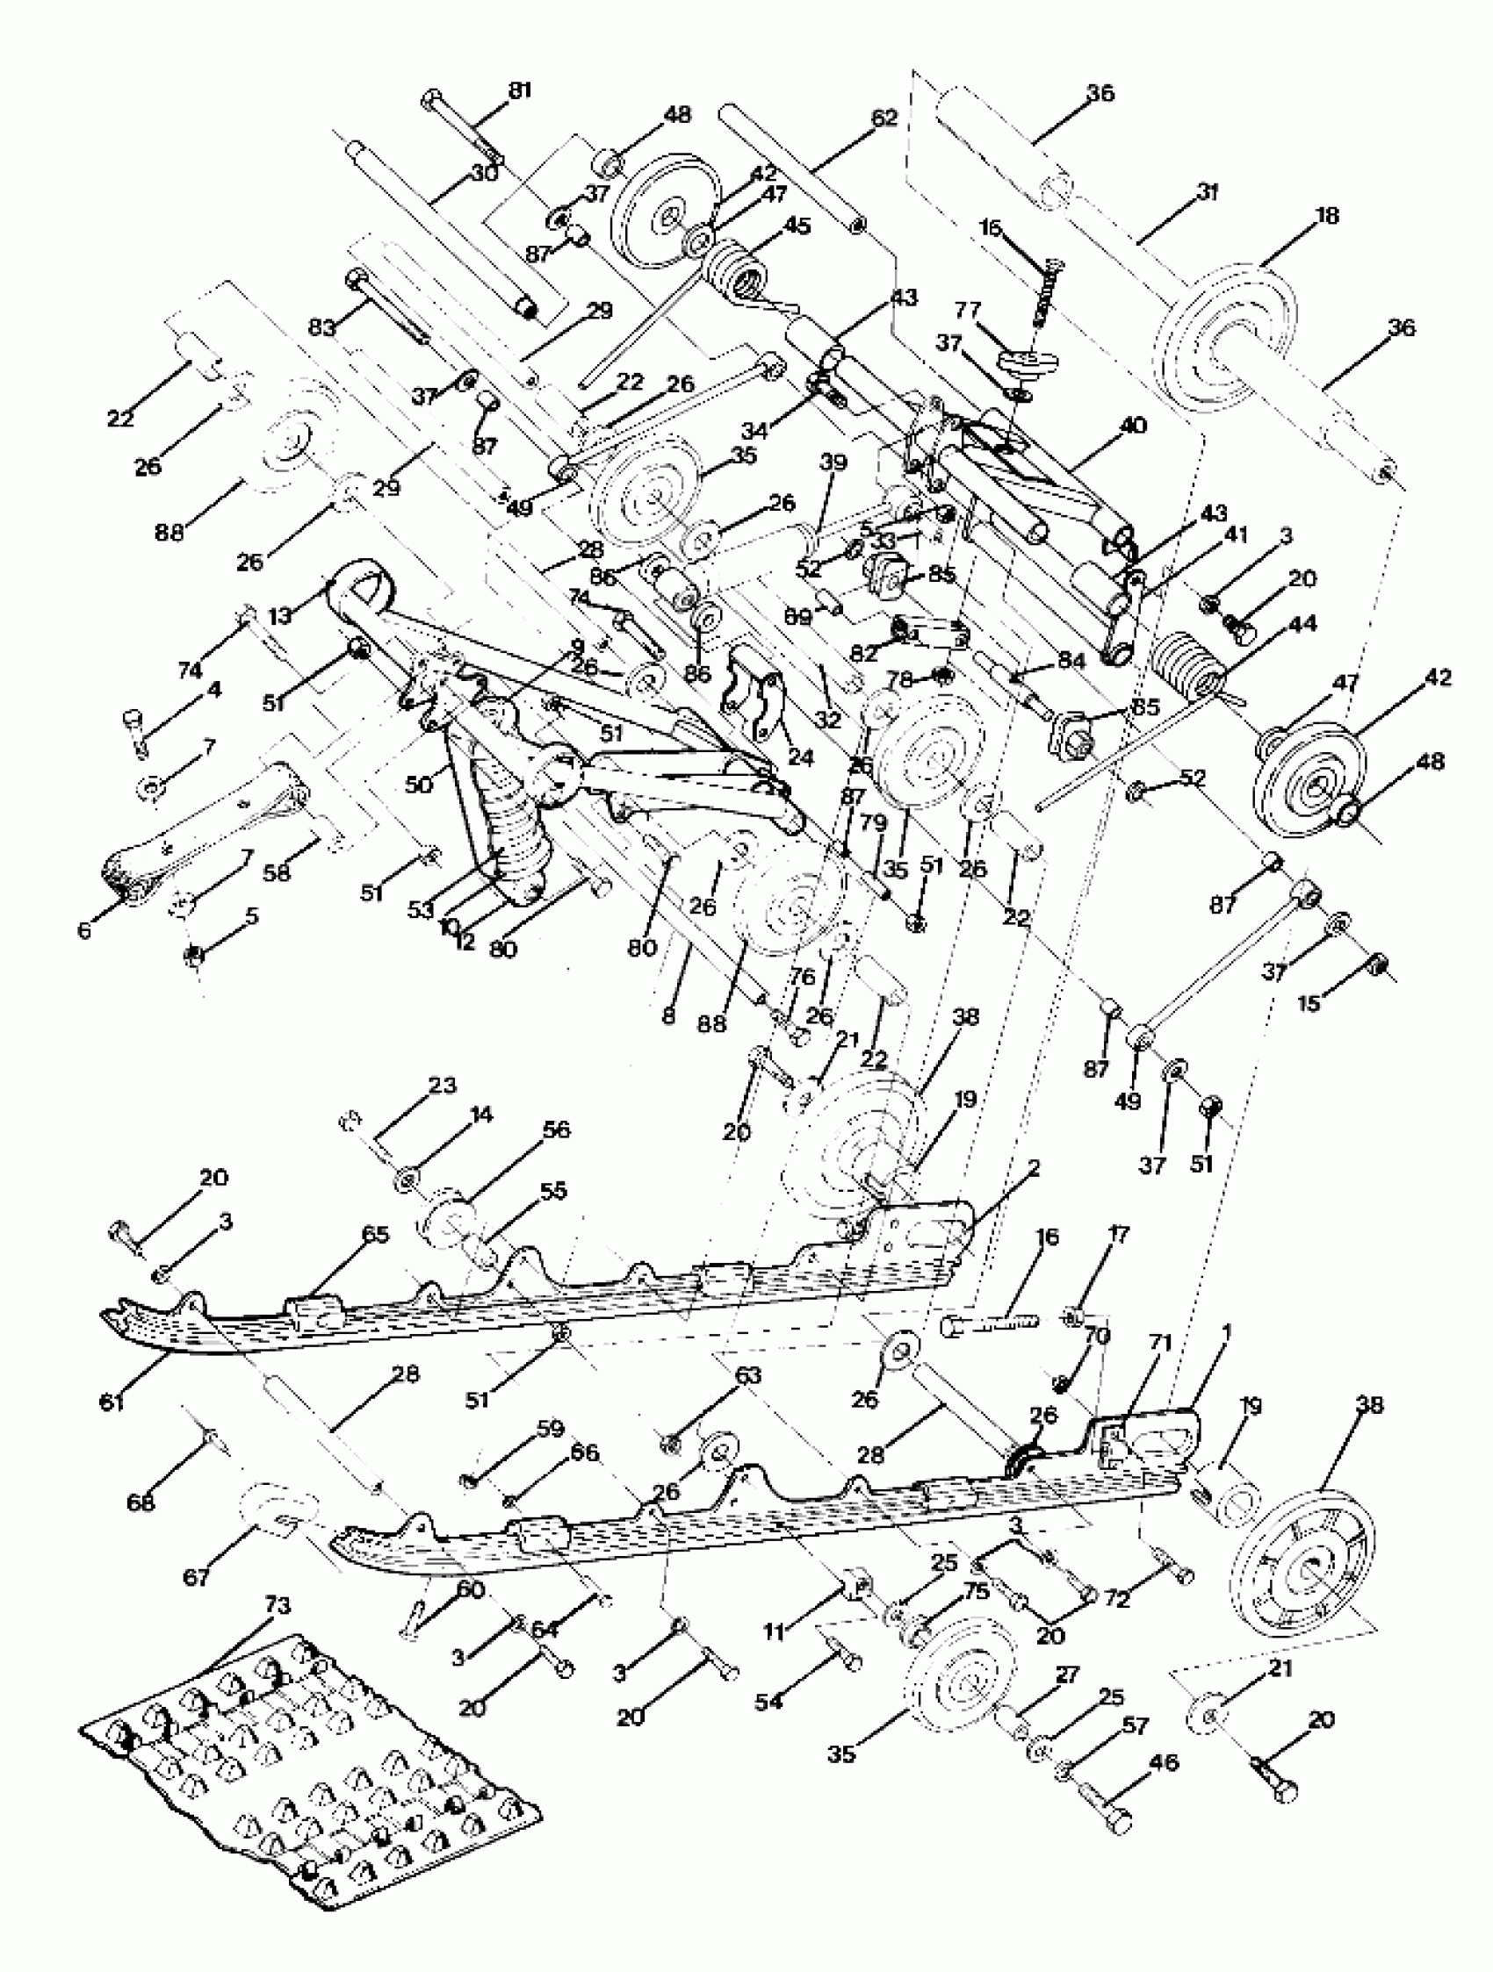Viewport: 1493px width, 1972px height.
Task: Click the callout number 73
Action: point(278,1605)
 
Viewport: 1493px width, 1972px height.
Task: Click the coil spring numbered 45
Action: point(735,269)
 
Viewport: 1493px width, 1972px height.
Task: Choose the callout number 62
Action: point(884,117)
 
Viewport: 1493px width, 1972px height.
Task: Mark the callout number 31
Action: point(1207,190)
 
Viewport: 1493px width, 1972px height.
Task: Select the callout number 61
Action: point(112,1402)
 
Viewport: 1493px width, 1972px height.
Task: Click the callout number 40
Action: point(1133,426)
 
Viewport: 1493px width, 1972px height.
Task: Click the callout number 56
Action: point(556,1129)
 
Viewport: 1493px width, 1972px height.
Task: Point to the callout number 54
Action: point(768,1702)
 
